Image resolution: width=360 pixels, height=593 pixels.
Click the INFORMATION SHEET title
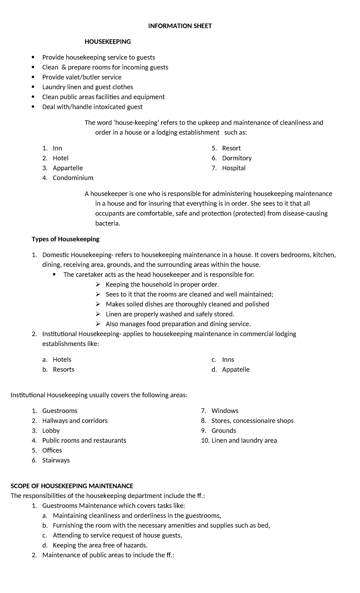[180, 26]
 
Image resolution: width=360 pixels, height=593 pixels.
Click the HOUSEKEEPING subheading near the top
[108, 42]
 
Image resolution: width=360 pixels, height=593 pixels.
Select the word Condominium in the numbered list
[73, 178]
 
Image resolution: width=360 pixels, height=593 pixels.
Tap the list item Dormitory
[237, 158]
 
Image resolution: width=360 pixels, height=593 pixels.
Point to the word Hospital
[234, 168]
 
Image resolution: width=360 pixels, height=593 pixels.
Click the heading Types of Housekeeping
[65, 239]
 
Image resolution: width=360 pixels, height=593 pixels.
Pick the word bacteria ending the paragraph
[107, 223]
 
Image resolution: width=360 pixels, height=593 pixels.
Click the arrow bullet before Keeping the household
[98, 284]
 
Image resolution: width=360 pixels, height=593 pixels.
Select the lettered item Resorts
[63, 369]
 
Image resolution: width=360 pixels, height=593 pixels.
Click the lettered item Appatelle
[236, 369]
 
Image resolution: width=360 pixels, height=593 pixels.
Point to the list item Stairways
[56, 460]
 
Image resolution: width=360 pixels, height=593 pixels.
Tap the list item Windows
[225, 411]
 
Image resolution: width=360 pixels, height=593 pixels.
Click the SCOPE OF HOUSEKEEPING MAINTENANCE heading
[72, 486]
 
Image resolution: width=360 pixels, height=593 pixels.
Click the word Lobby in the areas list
[51, 431]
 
